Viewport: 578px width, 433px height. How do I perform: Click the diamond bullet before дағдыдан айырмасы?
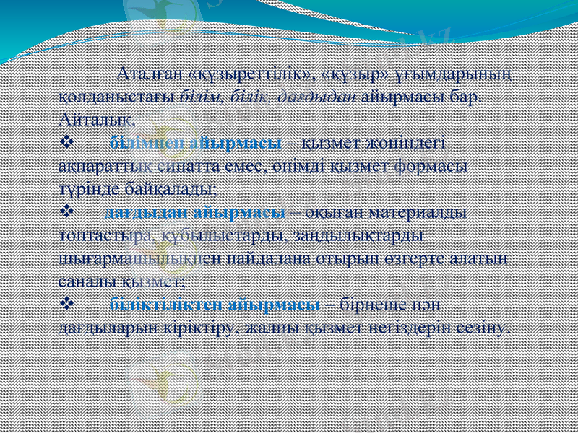(65, 212)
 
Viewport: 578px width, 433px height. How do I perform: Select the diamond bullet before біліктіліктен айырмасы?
(65, 304)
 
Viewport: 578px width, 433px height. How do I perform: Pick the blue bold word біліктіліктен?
(165, 304)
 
